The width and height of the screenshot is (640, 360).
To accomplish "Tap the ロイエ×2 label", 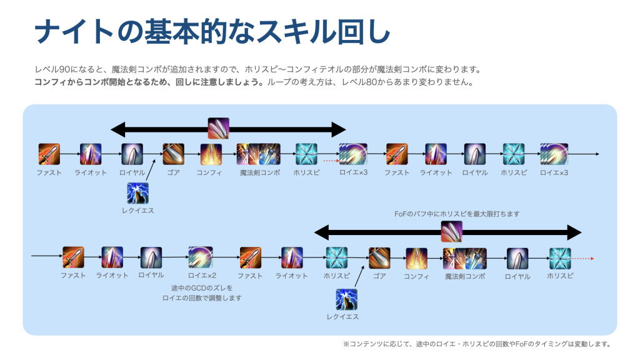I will pos(202,276).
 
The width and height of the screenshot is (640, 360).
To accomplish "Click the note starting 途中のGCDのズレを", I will pos(201,292).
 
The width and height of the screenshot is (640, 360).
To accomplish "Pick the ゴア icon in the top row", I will pos(173,154).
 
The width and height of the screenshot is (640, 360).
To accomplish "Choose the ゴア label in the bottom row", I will pos(379,276).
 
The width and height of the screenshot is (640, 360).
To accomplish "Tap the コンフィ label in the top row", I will pos(209,173).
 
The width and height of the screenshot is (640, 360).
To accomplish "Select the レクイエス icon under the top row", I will pos(137,193).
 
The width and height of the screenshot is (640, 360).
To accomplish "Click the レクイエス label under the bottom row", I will pos(342,317).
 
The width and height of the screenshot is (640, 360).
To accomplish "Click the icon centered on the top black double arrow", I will pos(218,128).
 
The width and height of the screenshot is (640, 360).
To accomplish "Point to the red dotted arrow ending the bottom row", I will pos(582,257).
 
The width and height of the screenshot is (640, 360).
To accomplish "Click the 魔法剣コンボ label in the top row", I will pos(259,173).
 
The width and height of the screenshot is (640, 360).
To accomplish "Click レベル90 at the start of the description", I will pos(51,69).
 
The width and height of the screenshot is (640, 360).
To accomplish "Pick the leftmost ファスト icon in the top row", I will pos(49,154).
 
